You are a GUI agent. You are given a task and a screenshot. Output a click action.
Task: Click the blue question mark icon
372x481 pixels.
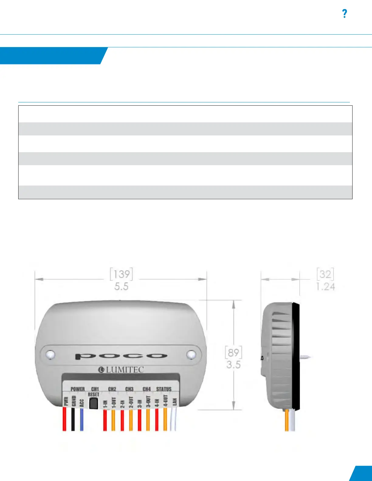coord(344,14)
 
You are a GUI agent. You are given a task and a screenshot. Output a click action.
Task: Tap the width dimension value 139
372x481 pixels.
coord(121,274)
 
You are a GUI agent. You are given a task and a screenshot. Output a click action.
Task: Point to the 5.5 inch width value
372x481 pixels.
coord(121,286)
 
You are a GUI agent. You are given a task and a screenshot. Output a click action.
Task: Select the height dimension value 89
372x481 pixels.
coord(233,353)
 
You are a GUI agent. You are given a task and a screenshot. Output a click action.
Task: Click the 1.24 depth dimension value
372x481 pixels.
coord(325,286)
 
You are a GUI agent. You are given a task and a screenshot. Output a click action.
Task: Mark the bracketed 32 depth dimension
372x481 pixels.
coord(325,274)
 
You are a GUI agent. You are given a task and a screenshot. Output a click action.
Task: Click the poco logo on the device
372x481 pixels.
coord(121,356)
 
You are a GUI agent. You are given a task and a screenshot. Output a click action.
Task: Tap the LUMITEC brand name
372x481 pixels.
coord(121,370)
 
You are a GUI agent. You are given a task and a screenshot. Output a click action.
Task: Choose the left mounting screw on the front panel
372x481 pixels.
coord(50,354)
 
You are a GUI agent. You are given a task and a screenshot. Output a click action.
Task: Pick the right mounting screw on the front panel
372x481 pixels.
coord(191,354)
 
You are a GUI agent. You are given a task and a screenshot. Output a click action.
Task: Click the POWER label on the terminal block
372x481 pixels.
coord(77,389)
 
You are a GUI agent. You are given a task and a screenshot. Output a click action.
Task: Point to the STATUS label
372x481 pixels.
coord(164,389)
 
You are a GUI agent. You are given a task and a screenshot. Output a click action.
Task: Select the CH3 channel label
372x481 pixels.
coord(129,389)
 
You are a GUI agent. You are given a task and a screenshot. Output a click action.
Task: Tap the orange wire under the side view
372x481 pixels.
coord(287,421)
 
